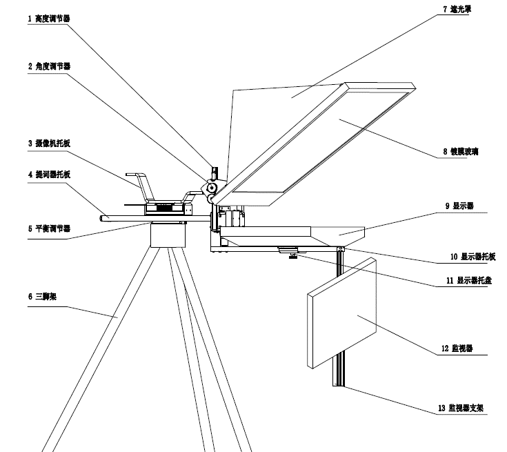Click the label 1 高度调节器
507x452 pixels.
[x=48, y=19]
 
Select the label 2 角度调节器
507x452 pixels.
[x=48, y=66]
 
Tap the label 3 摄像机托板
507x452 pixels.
[x=48, y=143]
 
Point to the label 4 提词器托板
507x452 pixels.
[x=48, y=175]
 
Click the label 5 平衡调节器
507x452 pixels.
[x=48, y=228]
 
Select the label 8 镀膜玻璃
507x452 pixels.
[x=464, y=151]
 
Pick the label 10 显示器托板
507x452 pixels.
[x=473, y=256]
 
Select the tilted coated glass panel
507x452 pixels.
[x=317, y=145]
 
